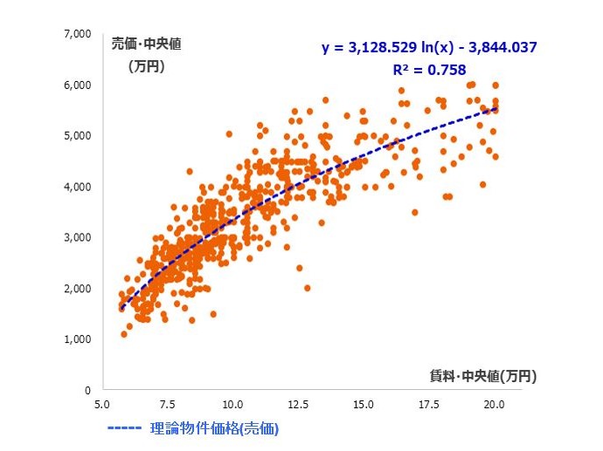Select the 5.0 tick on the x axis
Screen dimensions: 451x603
click(102, 405)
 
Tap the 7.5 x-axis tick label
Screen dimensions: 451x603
click(168, 405)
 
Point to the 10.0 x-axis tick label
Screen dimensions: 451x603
click(232, 405)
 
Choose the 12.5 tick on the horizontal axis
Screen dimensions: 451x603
click(298, 405)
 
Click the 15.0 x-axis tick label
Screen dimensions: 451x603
click(364, 405)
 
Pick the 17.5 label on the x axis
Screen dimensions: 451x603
click(429, 405)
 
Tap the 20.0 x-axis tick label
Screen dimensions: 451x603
click(495, 405)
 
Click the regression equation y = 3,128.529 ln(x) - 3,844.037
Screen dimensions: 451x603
click(430, 47)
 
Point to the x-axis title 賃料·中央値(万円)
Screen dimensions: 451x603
click(482, 376)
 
